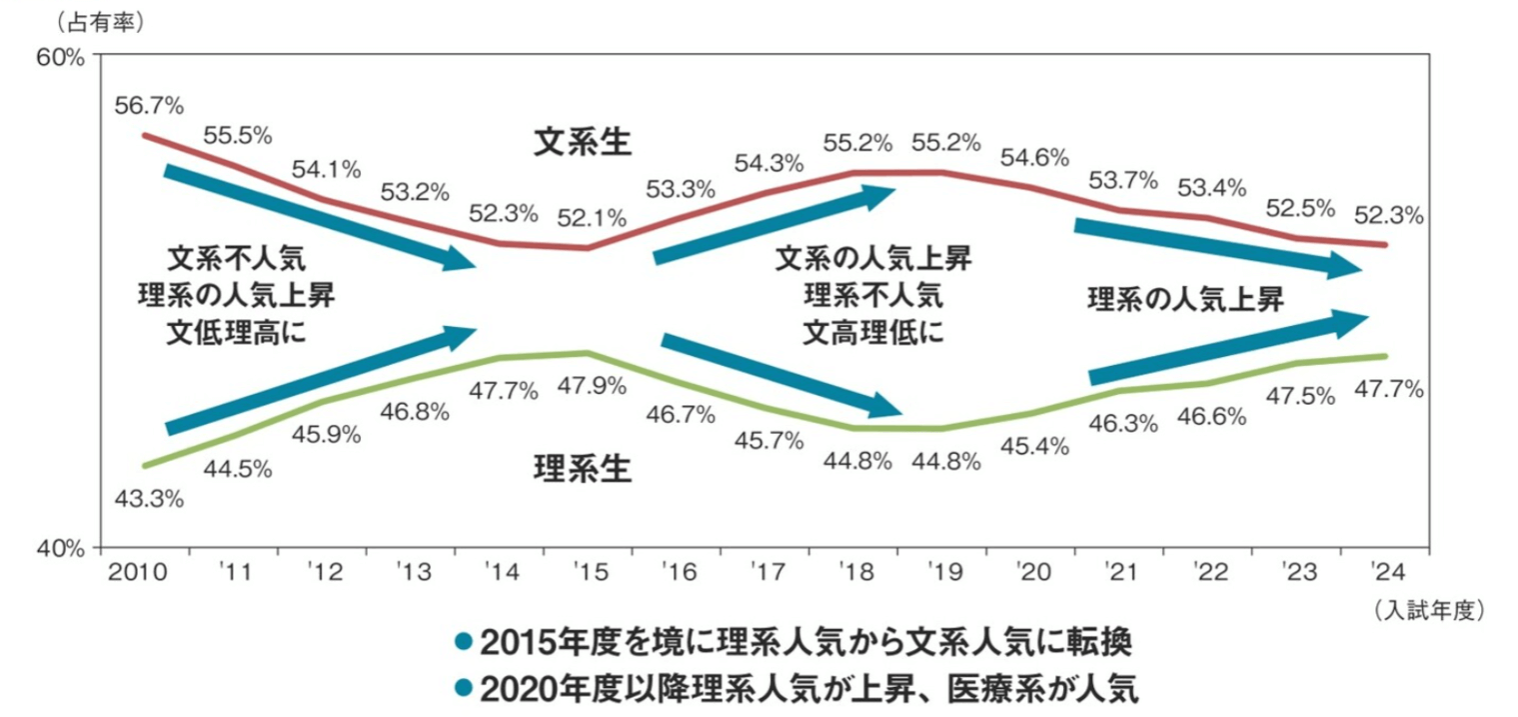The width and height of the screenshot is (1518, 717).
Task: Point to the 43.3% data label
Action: pos(150,498)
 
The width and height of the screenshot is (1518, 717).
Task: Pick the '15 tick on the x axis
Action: pos(588,572)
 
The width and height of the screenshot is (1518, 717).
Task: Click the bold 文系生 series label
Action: pos(583,143)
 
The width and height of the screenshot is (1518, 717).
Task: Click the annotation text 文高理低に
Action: pos(872,332)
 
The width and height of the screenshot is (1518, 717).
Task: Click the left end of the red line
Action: pos(144,135)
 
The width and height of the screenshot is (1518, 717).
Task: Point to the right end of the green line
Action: pos(1384,356)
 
